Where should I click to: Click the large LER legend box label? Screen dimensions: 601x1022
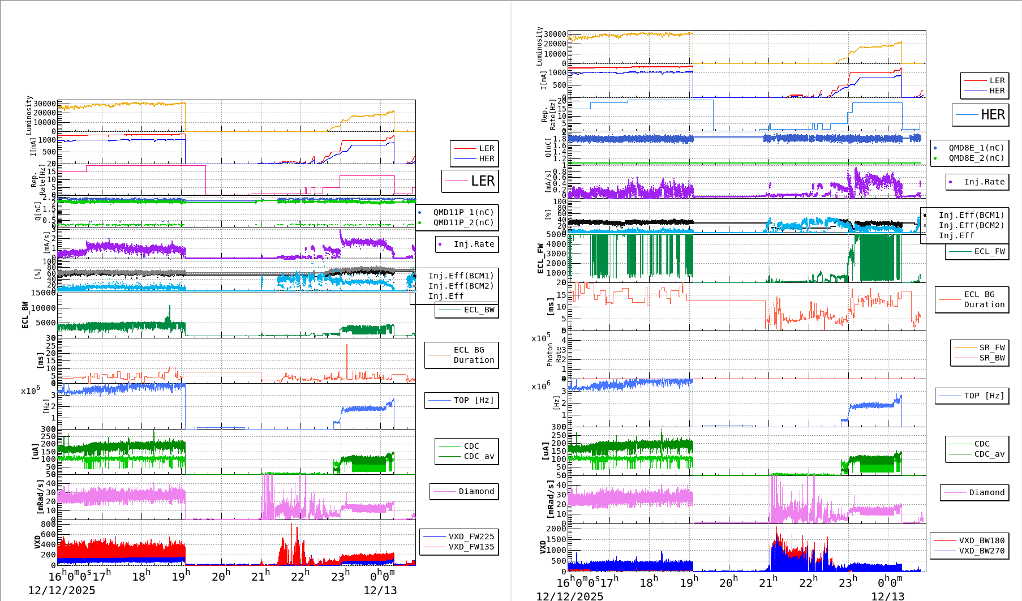click(482, 181)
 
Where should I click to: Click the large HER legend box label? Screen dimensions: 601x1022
click(993, 115)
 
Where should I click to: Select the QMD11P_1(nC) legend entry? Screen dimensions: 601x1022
click(463, 212)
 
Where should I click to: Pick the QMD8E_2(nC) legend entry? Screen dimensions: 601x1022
click(976, 158)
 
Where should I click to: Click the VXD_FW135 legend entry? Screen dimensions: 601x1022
click(471, 547)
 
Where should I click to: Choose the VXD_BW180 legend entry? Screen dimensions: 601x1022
click(981, 540)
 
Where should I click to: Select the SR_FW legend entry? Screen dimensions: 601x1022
click(992, 347)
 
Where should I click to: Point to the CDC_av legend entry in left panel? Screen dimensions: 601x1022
click(479, 456)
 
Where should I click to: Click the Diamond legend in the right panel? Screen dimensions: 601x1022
click(986, 492)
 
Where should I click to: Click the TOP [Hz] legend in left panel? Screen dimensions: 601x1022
click(473, 400)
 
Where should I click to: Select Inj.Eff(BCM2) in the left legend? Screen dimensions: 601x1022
click(461, 286)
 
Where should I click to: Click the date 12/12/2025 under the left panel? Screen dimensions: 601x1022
click(62, 590)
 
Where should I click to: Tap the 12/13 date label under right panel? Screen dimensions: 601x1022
click(887, 596)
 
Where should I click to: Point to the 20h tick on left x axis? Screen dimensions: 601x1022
click(221, 577)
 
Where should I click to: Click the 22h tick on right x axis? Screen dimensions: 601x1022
click(808, 582)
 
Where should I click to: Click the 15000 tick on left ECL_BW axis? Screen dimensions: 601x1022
click(43, 293)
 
